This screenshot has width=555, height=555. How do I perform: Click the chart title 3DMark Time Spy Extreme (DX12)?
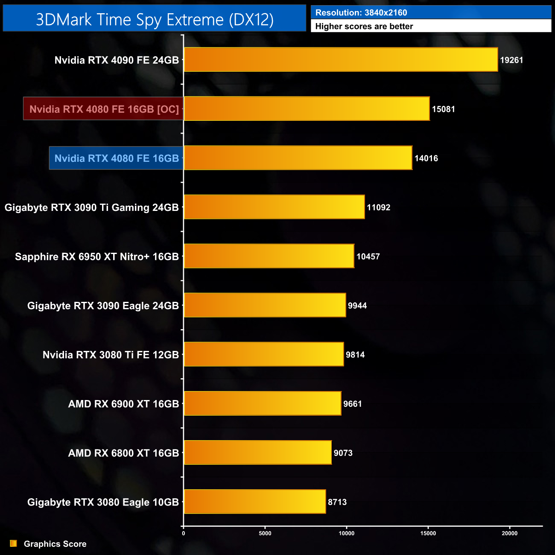point(155,20)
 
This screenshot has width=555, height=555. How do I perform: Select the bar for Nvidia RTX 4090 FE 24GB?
point(341,60)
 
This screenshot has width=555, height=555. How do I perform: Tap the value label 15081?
point(443,109)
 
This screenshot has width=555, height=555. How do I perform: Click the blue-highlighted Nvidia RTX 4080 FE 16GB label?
point(117,158)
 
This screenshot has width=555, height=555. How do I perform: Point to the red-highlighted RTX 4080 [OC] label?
point(104,109)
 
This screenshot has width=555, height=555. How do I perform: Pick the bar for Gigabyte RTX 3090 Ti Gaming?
point(274,207)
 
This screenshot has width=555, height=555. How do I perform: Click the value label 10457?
point(368,257)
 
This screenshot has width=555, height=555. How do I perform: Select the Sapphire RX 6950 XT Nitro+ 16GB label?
point(97,257)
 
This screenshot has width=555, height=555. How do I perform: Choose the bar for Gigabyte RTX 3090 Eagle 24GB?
point(265,305)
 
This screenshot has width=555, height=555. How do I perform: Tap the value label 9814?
point(355,355)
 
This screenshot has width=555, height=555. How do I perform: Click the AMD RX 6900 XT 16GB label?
point(123,404)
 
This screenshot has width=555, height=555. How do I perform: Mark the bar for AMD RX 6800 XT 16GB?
point(257,453)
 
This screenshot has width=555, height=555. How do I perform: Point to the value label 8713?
point(337,502)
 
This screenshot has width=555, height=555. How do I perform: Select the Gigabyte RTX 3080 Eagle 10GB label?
point(103,502)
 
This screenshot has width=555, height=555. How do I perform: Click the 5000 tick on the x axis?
point(265,533)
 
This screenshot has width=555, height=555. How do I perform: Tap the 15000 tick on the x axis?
point(428,533)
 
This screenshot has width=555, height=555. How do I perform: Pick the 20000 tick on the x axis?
point(509,533)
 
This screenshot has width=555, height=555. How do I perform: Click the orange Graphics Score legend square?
point(13,543)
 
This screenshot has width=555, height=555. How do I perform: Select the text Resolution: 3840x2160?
point(361,13)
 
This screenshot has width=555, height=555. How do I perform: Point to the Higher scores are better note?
point(364,26)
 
